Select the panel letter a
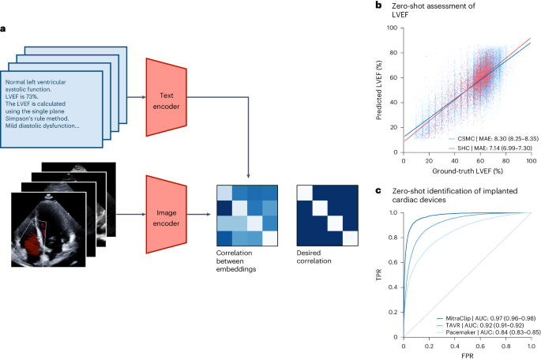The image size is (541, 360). coord(5,29)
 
